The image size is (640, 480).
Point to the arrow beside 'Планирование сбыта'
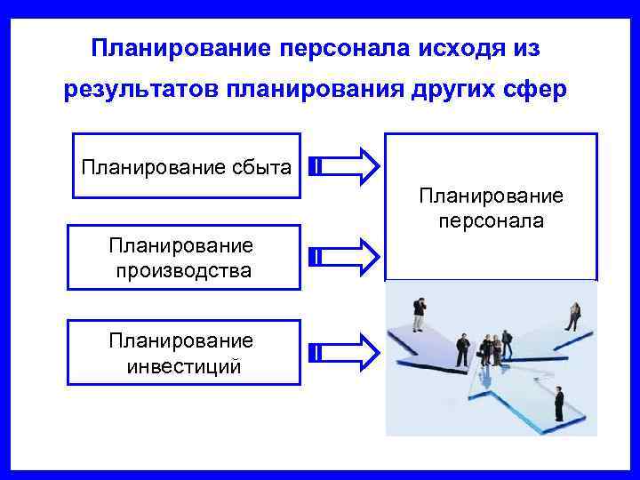(346, 166)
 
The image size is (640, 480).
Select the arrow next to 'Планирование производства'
(346, 257)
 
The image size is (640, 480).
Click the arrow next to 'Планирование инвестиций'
(346, 351)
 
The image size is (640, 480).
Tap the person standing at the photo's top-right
(573, 316)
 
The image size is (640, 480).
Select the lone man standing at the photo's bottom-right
(558, 404)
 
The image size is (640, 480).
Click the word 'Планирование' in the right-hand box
(491, 196)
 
